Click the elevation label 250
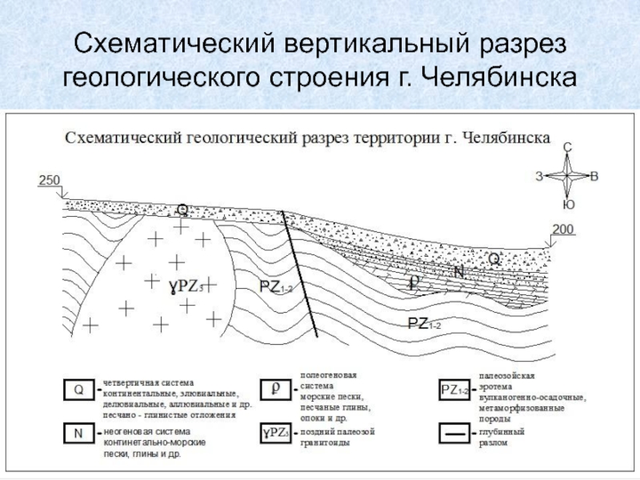pyautogui.click(x=50, y=181)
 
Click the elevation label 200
pyautogui.click(x=563, y=230)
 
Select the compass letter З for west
pyautogui.click(x=539, y=176)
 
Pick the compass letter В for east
pyautogui.click(x=594, y=176)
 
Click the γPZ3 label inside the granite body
pyautogui.click(x=186, y=285)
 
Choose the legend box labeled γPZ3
pyautogui.click(x=275, y=434)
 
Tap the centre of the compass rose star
pyautogui.click(x=567, y=176)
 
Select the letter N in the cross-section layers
pyautogui.click(x=458, y=272)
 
